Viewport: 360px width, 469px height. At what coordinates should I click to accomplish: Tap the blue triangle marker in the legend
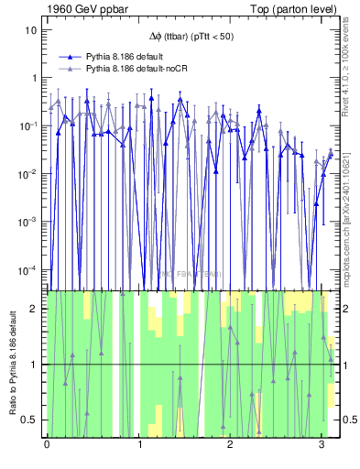pyautogui.click(x=70, y=56)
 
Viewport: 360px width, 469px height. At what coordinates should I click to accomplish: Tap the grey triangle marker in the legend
pyautogui.click(x=70, y=68)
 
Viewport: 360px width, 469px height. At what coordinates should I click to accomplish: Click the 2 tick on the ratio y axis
pyautogui.click(x=37, y=309)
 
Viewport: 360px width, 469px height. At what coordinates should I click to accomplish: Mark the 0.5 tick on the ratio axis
pyautogui.click(x=33, y=420)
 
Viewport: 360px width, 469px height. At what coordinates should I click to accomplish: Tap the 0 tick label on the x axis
pyautogui.click(x=47, y=446)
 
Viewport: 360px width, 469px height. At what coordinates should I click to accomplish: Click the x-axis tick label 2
pyautogui.click(x=229, y=446)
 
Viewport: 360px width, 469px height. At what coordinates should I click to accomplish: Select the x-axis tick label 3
pyautogui.click(x=321, y=446)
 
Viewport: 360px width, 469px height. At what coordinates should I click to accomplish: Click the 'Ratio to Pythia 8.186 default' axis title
pyautogui.click(x=12, y=365)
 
